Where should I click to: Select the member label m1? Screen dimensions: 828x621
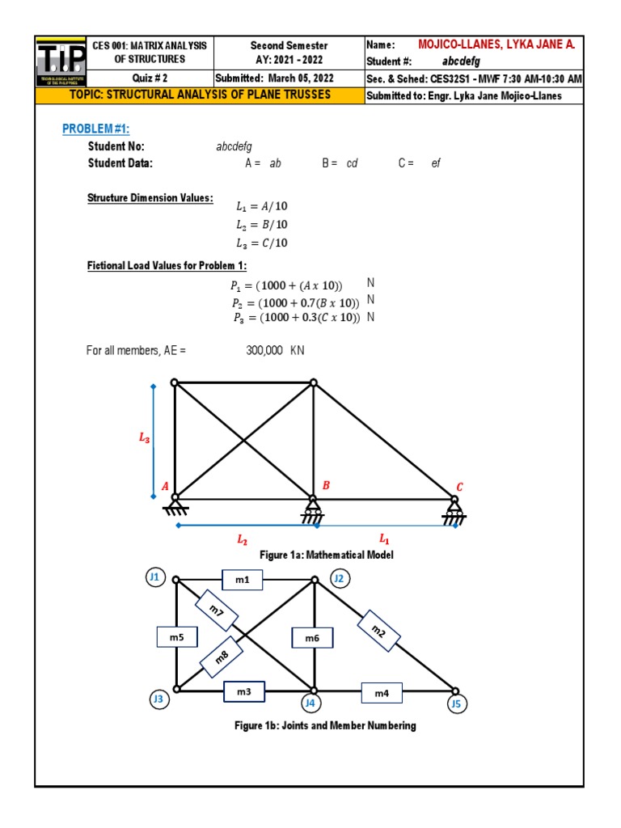pyautogui.click(x=243, y=580)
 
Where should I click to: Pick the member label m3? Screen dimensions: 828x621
pyautogui.click(x=244, y=692)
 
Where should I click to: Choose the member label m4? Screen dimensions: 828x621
pyautogui.click(x=382, y=693)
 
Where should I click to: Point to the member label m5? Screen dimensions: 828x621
pyautogui.click(x=177, y=638)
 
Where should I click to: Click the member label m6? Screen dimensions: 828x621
pyautogui.click(x=313, y=638)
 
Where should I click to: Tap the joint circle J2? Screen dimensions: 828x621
pyautogui.click(x=340, y=577)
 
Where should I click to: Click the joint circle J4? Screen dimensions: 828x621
pyautogui.click(x=310, y=703)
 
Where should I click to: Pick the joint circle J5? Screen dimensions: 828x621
pyautogui.click(x=457, y=704)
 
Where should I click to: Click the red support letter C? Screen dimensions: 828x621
pyautogui.click(x=459, y=487)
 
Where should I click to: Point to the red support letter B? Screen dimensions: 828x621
pyautogui.click(x=327, y=485)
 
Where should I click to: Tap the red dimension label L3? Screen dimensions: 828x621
pyautogui.click(x=144, y=438)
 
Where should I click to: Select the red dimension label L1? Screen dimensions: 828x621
pyautogui.click(x=384, y=537)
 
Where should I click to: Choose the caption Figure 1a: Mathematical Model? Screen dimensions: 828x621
pyautogui.click(x=326, y=556)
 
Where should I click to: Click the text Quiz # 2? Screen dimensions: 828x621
pyautogui.click(x=149, y=78)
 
